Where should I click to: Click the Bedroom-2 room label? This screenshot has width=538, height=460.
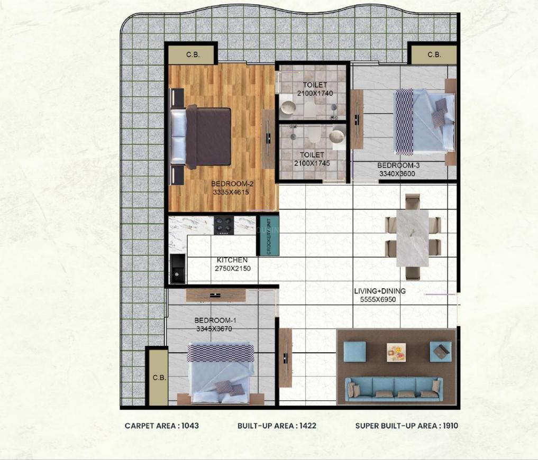(233, 183)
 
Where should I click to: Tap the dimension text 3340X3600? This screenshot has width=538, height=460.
(397, 172)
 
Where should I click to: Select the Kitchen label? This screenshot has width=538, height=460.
(232, 260)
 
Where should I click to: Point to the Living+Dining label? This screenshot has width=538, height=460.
(380, 291)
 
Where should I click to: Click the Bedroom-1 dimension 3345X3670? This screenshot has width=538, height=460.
(214, 329)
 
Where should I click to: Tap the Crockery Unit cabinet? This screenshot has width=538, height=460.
(268, 236)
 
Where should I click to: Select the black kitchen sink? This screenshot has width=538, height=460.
(177, 269)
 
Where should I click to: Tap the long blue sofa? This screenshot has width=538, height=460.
(394, 389)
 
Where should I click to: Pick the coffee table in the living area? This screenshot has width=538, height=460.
(396, 350)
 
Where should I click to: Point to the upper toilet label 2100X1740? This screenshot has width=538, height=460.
(315, 93)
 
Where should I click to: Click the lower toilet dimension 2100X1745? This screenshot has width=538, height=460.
(312, 163)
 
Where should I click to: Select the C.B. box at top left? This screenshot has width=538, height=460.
(192, 54)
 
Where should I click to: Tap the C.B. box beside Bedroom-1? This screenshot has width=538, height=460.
(159, 378)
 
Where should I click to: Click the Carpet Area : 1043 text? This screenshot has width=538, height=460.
(162, 426)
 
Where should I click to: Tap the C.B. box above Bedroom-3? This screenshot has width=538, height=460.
(434, 54)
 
